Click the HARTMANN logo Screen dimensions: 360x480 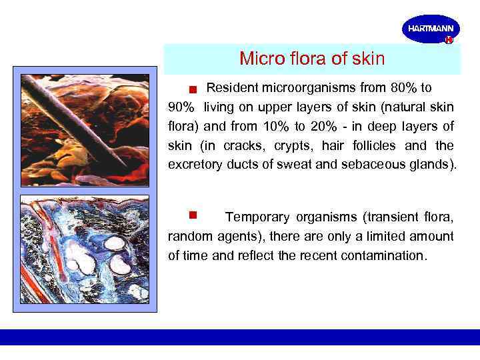tap(431, 29)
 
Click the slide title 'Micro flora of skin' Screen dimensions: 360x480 tap(312, 59)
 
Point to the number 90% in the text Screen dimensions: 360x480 tap(181, 107)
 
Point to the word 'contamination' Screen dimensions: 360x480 tap(386, 255)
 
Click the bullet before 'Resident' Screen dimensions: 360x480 tap(191, 89)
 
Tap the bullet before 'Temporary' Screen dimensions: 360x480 tap(192, 215)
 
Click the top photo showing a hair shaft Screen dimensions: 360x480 tap(84, 131)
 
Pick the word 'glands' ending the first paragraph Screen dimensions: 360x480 tap(433, 165)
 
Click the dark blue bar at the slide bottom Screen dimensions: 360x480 tap(240, 337)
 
